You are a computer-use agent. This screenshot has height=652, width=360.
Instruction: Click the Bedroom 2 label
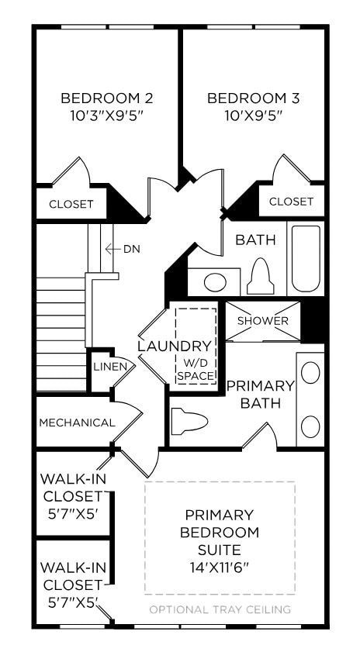(x=106, y=98)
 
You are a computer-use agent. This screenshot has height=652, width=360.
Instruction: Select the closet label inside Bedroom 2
(x=71, y=205)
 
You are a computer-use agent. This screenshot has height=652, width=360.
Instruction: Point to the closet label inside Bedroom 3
(x=291, y=202)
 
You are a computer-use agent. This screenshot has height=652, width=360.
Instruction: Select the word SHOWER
(x=262, y=321)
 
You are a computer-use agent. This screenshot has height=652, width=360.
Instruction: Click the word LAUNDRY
(x=174, y=347)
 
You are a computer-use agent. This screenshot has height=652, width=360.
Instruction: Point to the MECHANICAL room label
(x=77, y=423)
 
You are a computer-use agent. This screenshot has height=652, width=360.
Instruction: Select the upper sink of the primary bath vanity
(x=310, y=373)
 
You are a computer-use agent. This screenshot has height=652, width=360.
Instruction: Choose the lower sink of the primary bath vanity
(x=310, y=426)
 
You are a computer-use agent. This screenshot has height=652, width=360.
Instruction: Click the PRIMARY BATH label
(x=261, y=394)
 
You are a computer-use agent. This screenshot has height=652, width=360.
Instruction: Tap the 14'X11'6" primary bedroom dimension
(x=219, y=567)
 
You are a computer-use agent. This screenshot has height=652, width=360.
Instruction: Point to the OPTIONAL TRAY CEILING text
(x=220, y=609)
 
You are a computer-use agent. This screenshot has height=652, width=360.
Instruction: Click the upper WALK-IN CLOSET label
(x=71, y=496)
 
